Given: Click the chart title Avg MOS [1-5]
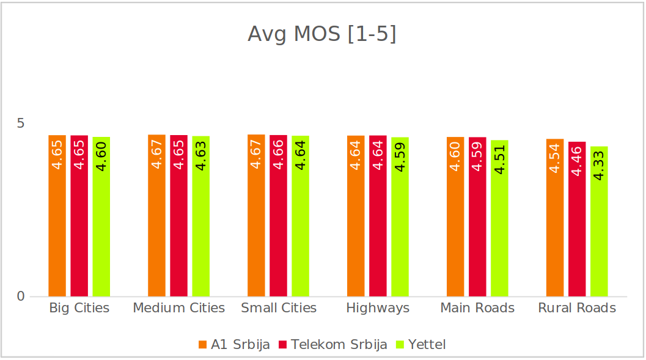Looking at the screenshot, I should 322,34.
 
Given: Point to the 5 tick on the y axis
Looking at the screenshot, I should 21,123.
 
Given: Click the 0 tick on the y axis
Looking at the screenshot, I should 21,296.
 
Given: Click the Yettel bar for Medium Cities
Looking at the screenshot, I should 201,216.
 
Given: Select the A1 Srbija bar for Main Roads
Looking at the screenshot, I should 455,217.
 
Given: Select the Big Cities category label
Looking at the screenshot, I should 79,308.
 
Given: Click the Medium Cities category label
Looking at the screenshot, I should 179,308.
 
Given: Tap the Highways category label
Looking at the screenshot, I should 378,308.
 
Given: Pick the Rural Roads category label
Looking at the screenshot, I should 577,308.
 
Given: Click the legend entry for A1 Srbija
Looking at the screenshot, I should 235,345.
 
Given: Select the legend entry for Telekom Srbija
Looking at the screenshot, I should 333,345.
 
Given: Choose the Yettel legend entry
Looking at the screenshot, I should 422,345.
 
